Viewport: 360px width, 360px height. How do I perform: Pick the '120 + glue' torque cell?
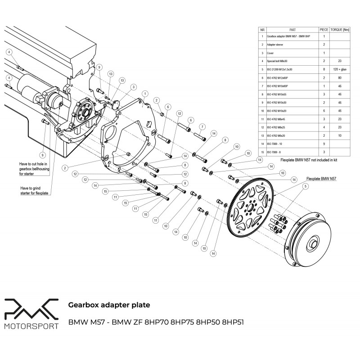340,69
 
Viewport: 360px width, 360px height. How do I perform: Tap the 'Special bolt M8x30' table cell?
288,61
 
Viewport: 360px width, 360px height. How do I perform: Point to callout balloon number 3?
133,87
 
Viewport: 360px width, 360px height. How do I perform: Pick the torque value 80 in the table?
340,77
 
